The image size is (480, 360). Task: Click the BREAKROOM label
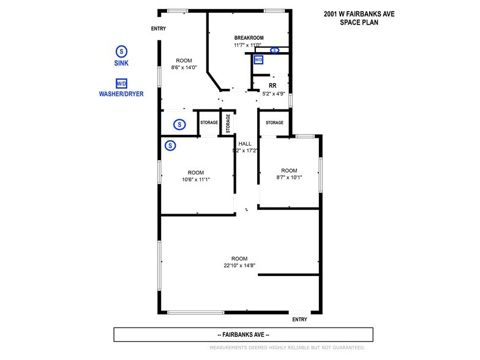[249, 38]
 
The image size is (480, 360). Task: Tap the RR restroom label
[272, 86]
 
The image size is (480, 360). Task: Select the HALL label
[245, 143]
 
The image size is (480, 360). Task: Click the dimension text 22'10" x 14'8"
[239, 266]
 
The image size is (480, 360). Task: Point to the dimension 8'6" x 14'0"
[184, 67]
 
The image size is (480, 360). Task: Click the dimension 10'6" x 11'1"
[196, 179]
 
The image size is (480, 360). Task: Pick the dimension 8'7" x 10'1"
[289, 178]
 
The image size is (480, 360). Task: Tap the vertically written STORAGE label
[228, 124]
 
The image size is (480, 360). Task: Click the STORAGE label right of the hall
[274, 122]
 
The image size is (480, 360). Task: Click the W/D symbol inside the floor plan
[258, 60]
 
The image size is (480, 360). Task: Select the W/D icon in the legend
[121, 83]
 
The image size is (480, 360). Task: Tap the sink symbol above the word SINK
[121, 51]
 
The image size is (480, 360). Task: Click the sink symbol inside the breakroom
[274, 50]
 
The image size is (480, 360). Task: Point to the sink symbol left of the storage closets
[179, 124]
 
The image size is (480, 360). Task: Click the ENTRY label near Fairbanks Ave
[299, 320]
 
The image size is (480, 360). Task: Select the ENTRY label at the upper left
[158, 28]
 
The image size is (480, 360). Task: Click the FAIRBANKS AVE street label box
[244, 334]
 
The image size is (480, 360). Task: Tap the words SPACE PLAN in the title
[359, 22]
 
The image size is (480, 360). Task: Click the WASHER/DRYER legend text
[121, 94]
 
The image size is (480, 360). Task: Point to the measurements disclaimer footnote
[288, 348]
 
